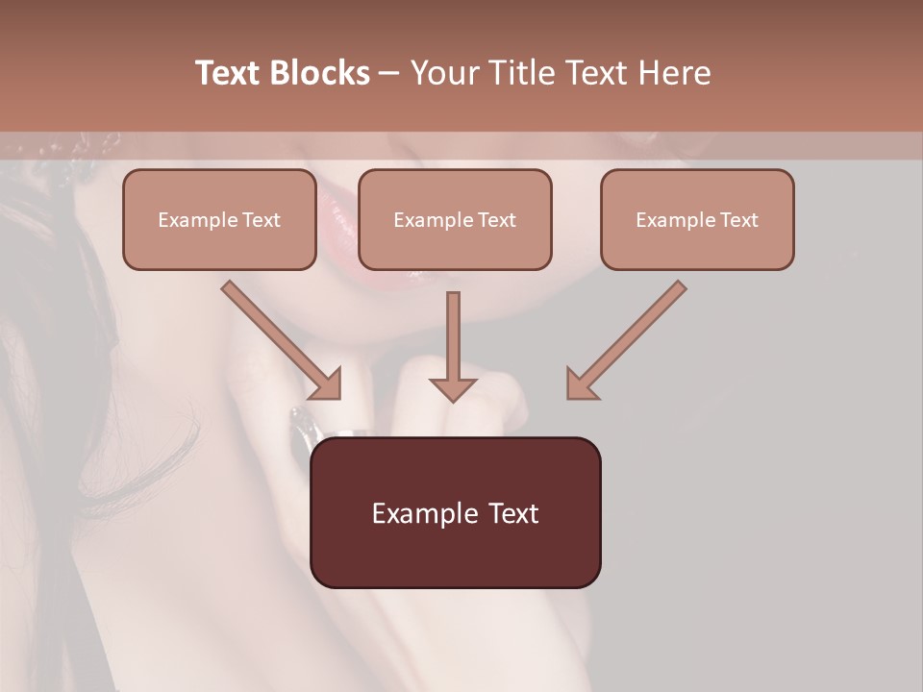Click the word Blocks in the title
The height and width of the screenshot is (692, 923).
click(321, 73)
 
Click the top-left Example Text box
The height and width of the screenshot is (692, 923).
click(219, 219)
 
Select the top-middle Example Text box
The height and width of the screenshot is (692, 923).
click(455, 219)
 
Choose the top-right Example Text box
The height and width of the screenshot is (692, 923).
click(697, 219)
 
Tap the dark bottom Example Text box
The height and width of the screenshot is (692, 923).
click(455, 512)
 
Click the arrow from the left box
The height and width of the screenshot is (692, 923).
click(279, 338)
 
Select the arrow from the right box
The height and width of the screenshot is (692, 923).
click(630, 338)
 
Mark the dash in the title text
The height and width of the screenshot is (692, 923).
click(390, 74)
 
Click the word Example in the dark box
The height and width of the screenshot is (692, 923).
click(412, 513)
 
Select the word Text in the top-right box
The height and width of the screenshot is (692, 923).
click(738, 220)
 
